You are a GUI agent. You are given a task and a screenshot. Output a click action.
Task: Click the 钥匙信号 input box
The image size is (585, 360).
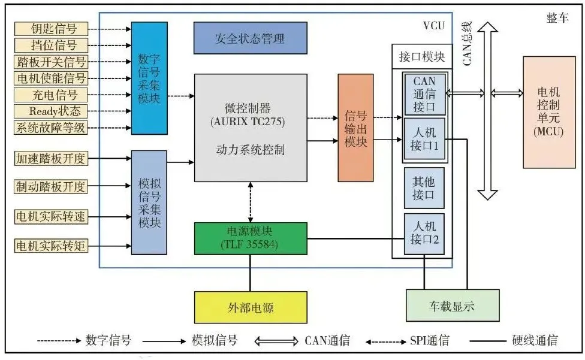coord(51,29)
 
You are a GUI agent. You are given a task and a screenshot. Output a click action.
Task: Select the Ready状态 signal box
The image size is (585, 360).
coord(51,111)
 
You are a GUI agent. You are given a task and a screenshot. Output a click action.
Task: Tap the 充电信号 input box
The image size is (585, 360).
coord(51,95)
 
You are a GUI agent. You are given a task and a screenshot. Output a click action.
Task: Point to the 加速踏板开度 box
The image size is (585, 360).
coord(51,159)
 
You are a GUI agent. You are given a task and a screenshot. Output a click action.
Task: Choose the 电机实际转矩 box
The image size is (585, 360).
coord(51,245)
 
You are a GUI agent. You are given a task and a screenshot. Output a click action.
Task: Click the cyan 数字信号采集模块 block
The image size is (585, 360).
coord(149,78)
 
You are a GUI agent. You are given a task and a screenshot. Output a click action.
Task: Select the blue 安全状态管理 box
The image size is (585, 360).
coord(250,38)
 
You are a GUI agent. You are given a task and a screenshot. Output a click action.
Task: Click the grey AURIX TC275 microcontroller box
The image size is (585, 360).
coord(249,128)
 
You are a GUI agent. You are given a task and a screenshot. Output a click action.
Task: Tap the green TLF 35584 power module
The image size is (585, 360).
coord(250,238)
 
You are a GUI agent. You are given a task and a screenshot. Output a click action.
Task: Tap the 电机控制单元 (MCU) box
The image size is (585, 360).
coord(549,112)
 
